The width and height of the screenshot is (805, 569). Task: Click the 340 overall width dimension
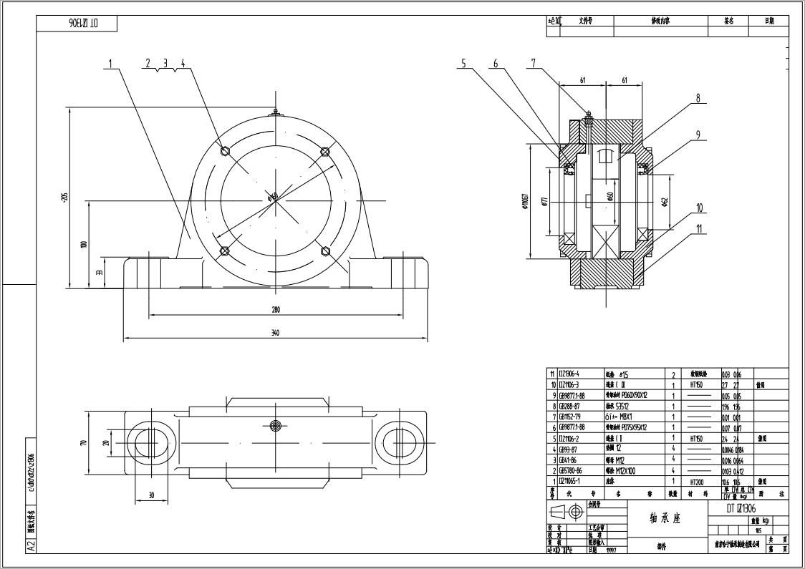tap(276, 332)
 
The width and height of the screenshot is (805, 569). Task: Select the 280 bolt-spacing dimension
tap(276, 309)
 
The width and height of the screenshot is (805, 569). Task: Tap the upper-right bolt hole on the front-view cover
tap(325, 151)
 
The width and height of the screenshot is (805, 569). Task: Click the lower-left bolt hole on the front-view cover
tap(224, 251)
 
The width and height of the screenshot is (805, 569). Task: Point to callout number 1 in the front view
tap(110, 64)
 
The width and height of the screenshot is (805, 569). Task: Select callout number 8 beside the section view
tap(698, 99)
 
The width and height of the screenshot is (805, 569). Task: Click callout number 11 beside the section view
tap(699, 230)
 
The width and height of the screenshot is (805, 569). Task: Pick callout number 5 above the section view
tap(463, 64)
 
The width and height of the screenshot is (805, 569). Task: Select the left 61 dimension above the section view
tap(582, 81)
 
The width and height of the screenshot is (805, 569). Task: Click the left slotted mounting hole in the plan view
tap(150, 442)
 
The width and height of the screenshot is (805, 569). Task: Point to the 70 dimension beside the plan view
tap(84, 442)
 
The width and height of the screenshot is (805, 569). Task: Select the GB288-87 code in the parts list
tap(572, 406)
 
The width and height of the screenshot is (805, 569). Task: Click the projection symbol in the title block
tap(567, 512)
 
